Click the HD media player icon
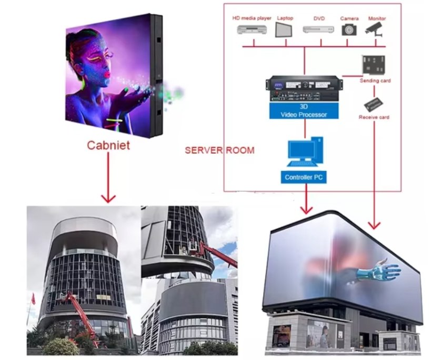(x=252, y=31)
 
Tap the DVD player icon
(x=318, y=29)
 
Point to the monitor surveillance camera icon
(x=376, y=29)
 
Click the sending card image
(x=374, y=65)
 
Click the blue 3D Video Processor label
(x=304, y=111)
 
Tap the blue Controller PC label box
(x=303, y=177)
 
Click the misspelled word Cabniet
(x=108, y=145)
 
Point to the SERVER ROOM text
(x=219, y=151)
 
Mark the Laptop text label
(x=285, y=18)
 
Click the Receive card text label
(x=374, y=117)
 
